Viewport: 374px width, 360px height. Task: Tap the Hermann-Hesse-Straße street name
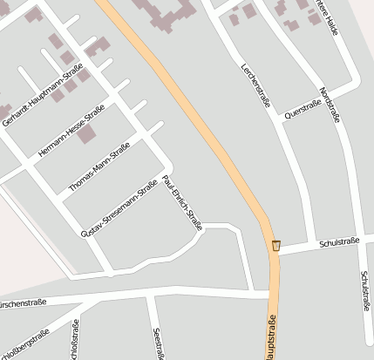coord(71,132)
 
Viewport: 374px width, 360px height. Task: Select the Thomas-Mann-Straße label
coord(99,166)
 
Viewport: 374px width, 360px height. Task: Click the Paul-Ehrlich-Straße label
coord(182,203)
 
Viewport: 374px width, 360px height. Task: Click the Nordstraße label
coord(329,105)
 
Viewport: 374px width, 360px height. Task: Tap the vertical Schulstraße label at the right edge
coord(365,290)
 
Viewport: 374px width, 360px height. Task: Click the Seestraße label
coord(159,343)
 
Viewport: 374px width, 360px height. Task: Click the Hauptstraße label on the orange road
coord(269,340)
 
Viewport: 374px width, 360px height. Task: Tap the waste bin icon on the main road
coord(276,245)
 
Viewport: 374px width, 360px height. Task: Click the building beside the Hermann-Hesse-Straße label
coord(85,134)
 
